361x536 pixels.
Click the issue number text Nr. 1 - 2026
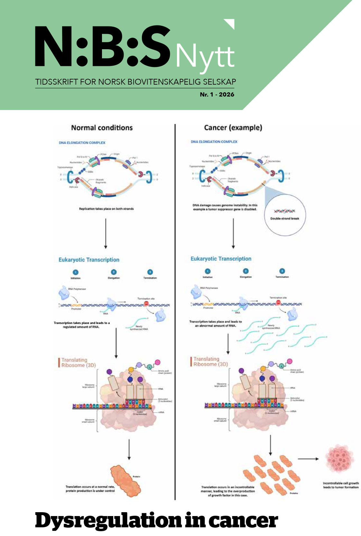tap(217, 95)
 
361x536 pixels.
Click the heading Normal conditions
tap(102, 128)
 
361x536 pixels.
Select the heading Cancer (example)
tap(233, 128)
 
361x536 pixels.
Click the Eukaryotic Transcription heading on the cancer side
tap(221, 259)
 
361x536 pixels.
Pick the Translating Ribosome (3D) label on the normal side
tap(78, 363)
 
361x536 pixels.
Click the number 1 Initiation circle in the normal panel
tap(76, 272)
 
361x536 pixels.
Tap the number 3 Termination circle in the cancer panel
tap(282, 271)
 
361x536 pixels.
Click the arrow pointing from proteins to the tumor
tap(308, 459)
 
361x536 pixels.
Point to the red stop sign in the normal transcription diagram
tap(146, 303)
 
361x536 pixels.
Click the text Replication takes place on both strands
tap(106, 209)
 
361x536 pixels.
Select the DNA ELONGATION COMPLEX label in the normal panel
tap(82, 143)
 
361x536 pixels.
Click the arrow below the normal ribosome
tap(129, 449)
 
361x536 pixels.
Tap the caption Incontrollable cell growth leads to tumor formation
tap(341, 485)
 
